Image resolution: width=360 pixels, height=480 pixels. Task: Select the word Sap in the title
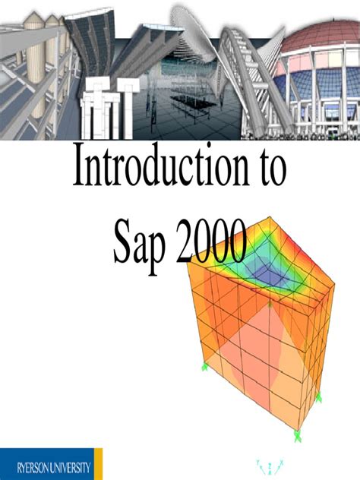coord(144,241)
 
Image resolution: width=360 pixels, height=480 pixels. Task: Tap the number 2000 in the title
coord(212,241)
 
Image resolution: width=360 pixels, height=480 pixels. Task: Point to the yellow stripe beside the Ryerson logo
coord(98,463)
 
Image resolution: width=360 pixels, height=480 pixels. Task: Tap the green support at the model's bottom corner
coord(298,434)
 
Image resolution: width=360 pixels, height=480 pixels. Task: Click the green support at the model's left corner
coord(204,368)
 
